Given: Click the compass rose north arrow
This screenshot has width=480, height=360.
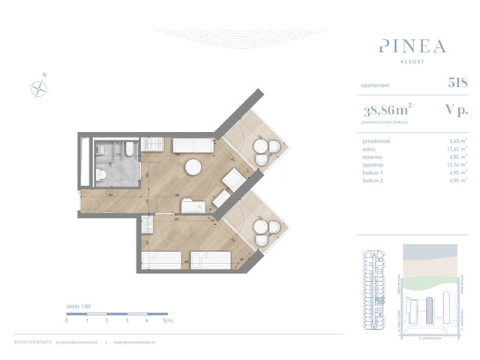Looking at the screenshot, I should tap(39, 87).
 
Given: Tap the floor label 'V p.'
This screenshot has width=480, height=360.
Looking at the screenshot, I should tap(455, 109).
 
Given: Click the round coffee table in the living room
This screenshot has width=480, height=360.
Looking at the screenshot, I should tap(193, 167).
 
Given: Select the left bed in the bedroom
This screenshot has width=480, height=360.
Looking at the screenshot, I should tap(161, 259).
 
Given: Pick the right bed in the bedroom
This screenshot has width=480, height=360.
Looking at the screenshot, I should tap(211, 259).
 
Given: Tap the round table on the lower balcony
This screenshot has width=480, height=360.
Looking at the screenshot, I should tap(262, 226).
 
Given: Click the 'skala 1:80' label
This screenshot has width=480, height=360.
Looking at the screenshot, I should tap(77, 307).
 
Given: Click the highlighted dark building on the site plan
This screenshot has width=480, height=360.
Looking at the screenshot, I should tap(430, 307).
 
